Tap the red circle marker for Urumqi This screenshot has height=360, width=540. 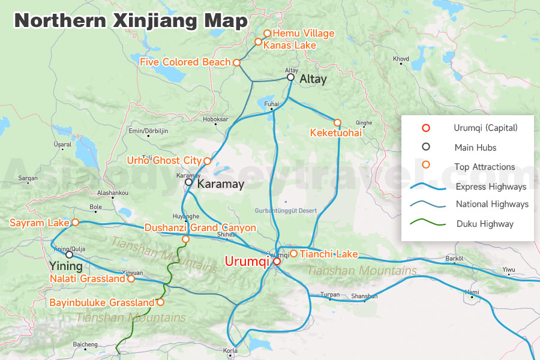tap(277, 261)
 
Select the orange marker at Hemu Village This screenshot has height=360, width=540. tap(268, 34)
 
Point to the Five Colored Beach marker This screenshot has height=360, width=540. tap(237, 62)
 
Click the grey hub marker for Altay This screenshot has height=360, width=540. tap(290, 77)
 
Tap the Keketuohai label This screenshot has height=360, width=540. tap(335, 133)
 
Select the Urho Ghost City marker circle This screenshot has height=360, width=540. tap(207, 161)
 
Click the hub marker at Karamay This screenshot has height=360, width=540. tap(188, 182)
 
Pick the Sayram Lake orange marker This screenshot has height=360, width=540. tap(76, 223)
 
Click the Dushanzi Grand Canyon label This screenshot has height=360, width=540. tap(200, 228)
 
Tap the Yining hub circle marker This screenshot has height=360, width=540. tap(70, 254)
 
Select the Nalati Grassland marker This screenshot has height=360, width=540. tap(131, 278)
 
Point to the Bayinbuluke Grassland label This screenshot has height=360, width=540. tap(102, 302)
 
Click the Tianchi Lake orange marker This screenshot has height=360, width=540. tap(293, 253)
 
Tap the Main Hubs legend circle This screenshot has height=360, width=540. tap(426, 147)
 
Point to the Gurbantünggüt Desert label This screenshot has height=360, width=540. tap(285, 211)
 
